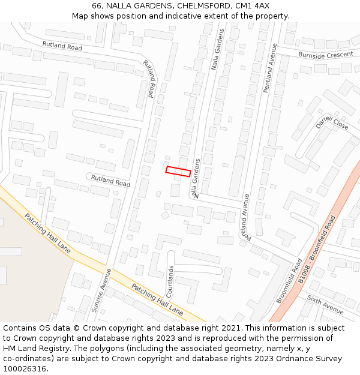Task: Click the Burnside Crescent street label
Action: (326, 55)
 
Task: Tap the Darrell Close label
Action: (332, 122)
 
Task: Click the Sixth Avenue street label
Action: (325, 305)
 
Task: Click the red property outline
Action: (178, 172)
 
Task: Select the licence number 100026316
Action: (25, 369)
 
